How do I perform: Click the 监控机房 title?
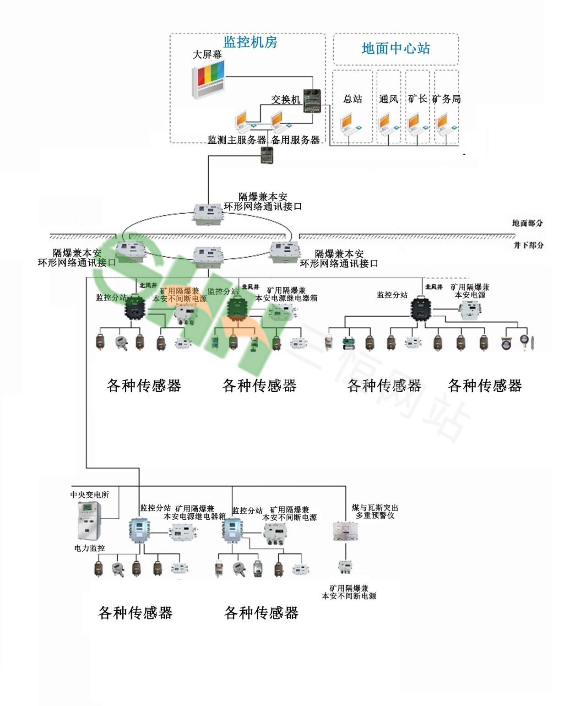coord(250,42)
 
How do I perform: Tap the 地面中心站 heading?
coord(396,49)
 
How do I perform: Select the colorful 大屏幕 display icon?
coord(208,79)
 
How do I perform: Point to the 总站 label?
coord(353,99)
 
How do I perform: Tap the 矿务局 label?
coord(446,99)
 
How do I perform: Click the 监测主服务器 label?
coord(237,140)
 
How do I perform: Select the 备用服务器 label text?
coord(295,140)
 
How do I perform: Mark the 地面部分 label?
coord(527,223)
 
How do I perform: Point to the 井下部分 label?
coord(528,245)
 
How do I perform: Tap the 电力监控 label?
coord(89,548)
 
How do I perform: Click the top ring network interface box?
coord(208,213)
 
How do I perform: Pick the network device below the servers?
coord(267,156)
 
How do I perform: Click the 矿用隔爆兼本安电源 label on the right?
coord(470,291)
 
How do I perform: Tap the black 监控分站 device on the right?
coord(420,309)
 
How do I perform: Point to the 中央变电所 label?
coord(89,495)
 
